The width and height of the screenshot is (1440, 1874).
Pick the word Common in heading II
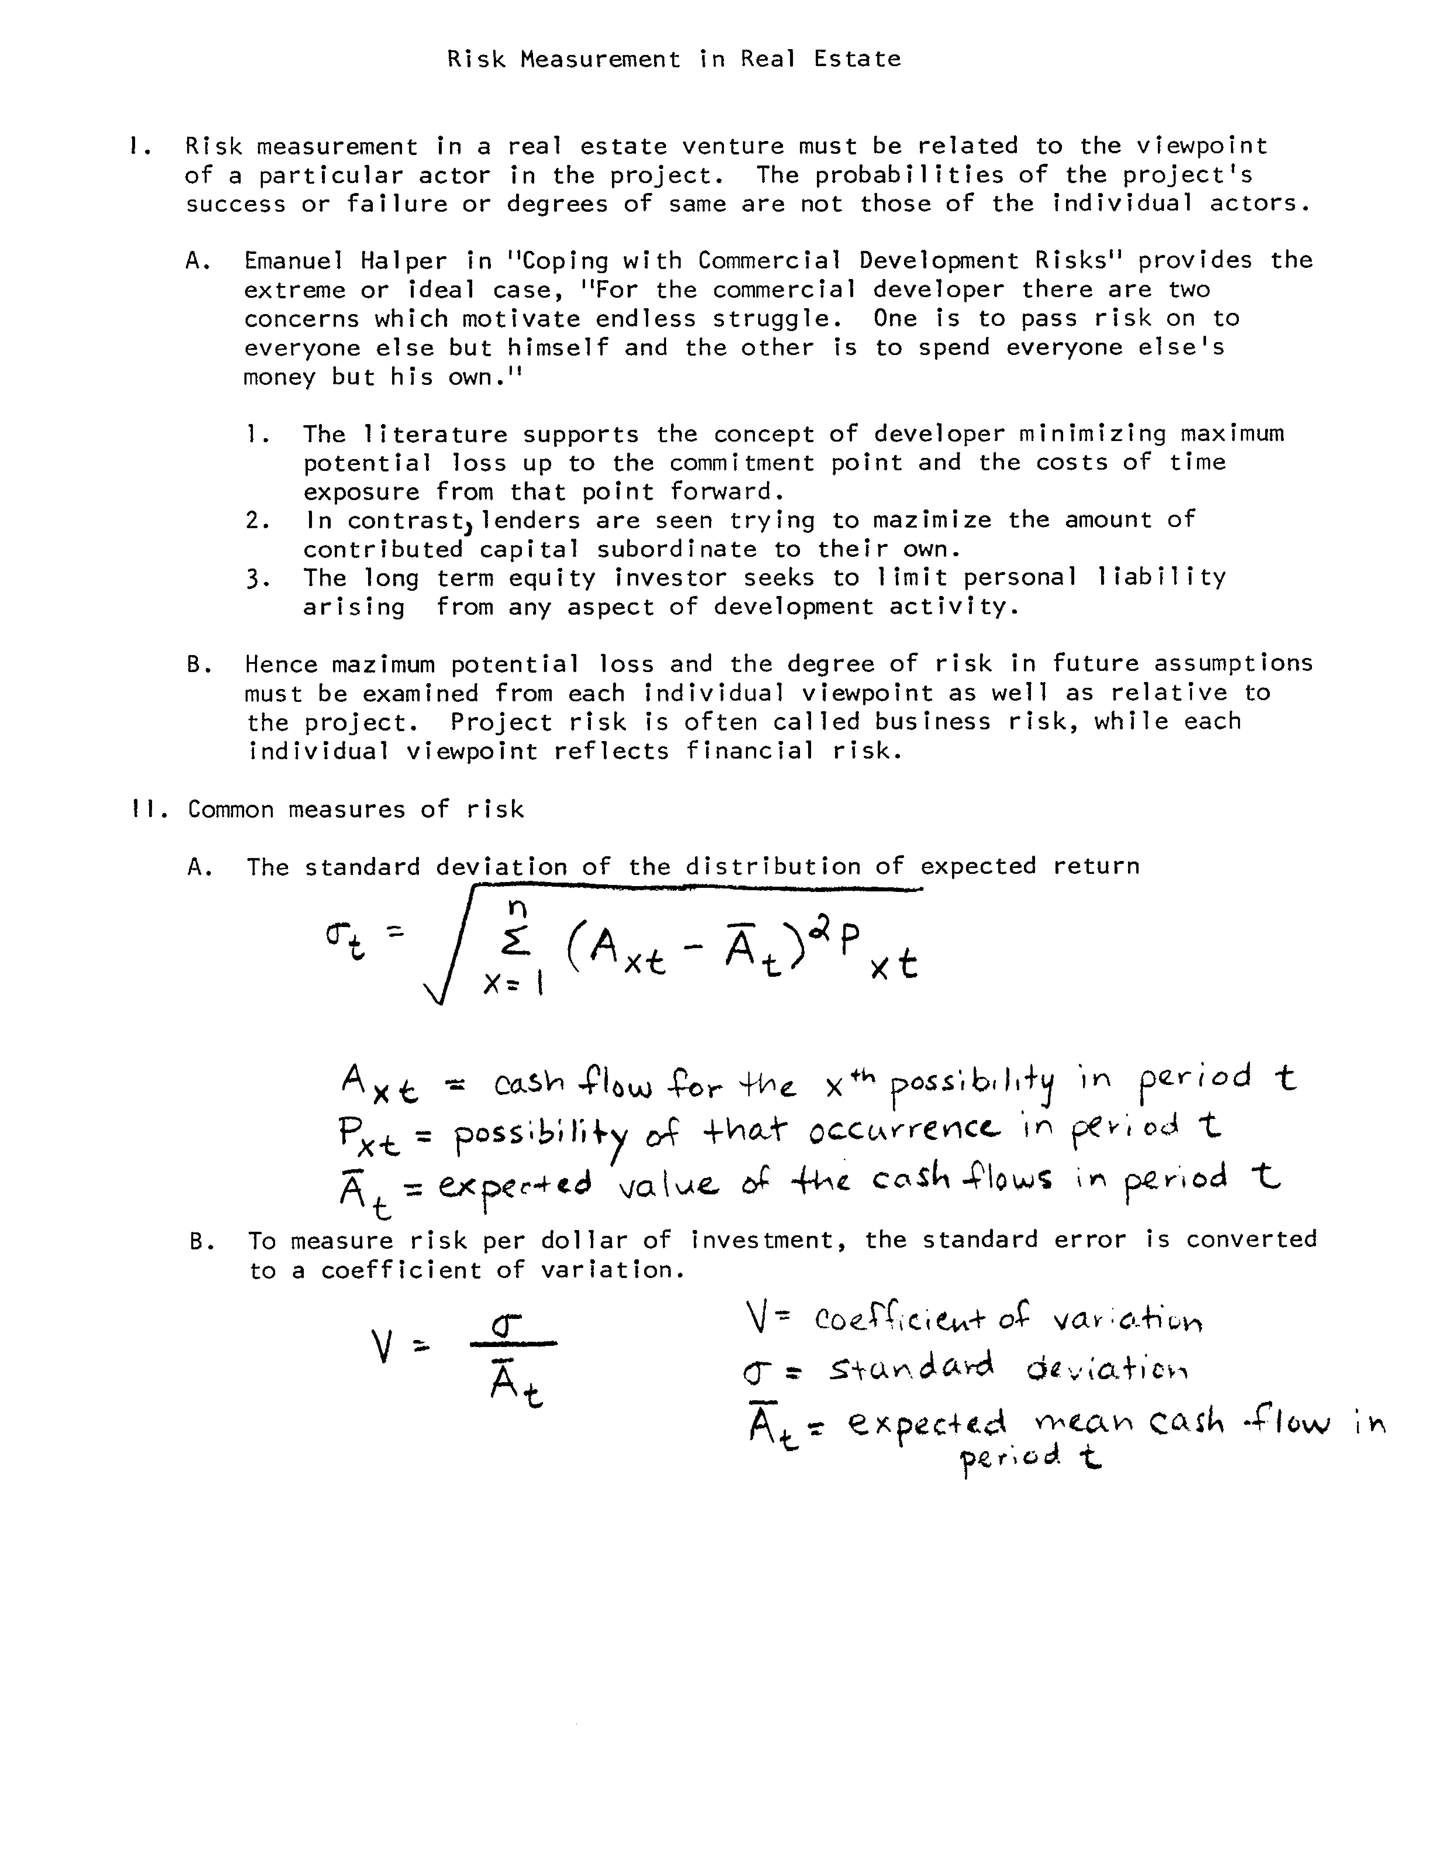point(231,809)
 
